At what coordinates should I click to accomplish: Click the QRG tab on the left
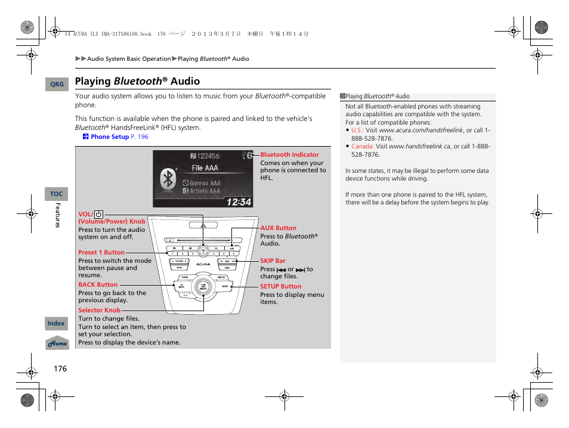click(57, 85)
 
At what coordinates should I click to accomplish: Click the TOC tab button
click(57, 194)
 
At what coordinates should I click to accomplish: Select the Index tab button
click(56, 323)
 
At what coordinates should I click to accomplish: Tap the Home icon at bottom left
click(58, 343)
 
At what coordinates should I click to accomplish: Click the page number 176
click(60, 368)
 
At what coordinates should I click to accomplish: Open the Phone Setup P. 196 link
click(119, 137)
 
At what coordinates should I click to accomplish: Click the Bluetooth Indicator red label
click(289, 154)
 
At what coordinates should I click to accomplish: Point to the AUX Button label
click(278, 228)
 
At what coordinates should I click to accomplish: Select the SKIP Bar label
click(273, 260)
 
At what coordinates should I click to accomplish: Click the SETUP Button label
click(280, 286)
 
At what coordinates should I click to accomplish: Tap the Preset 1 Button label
click(101, 252)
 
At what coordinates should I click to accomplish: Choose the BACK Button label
click(98, 284)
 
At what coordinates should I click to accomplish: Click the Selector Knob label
click(99, 310)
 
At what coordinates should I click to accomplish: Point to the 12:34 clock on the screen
click(239, 201)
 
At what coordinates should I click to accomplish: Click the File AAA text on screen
click(205, 169)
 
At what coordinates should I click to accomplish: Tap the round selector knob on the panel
click(203, 286)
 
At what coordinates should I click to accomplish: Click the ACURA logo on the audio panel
click(203, 263)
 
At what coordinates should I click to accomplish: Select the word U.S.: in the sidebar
click(357, 130)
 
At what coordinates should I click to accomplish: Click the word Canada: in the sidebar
click(362, 146)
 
